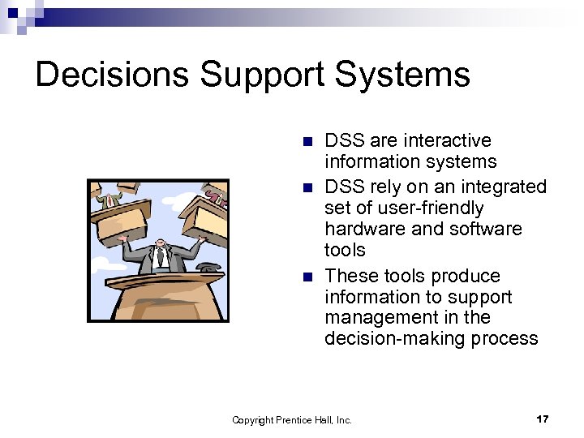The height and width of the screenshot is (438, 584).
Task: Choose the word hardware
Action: [364, 229]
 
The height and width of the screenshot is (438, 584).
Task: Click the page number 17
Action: [543, 419]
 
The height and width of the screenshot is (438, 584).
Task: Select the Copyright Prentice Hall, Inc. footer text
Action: [292, 420]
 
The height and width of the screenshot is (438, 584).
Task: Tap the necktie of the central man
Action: [161, 259]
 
